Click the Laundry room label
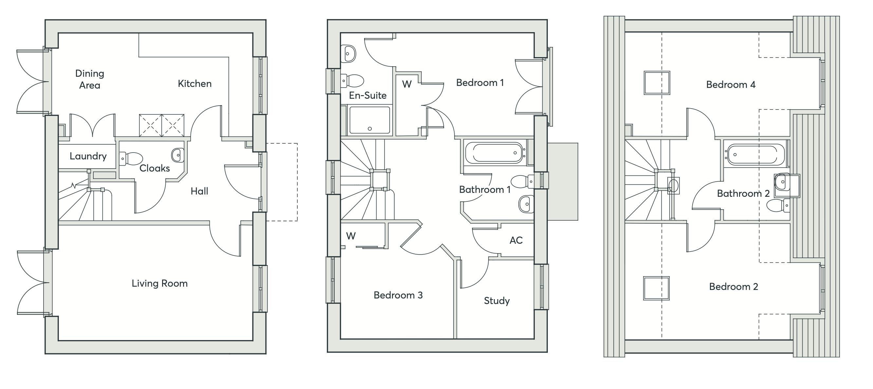pyautogui.click(x=88, y=156)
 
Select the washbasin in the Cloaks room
pyautogui.click(x=177, y=155)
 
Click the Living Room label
pyautogui.click(x=159, y=283)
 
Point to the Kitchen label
pyautogui.click(x=195, y=84)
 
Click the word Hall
pyautogui.click(x=199, y=191)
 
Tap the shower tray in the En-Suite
pyautogui.click(x=369, y=120)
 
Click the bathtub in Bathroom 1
pyautogui.click(x=494, y=153)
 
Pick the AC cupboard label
pyautogui.click(x=516, y=240)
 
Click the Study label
pyautogui.click(x=496, y=301)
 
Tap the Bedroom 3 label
pyautogui.click(x=398, y=295)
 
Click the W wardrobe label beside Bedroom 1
pyautogui.click(x=407, y=84)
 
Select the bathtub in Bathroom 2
pyautogui.click(x=755, y=155)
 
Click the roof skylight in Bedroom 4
pyautogui.click(x=657, y=82)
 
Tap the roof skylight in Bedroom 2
pyautogui.click(x=656, y=288)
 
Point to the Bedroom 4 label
pyautogui.click(x=731, y=85)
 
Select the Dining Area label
pyautogui.click(x=89, y=79)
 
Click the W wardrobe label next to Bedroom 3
pyautogui.click(x=351, y=236)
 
